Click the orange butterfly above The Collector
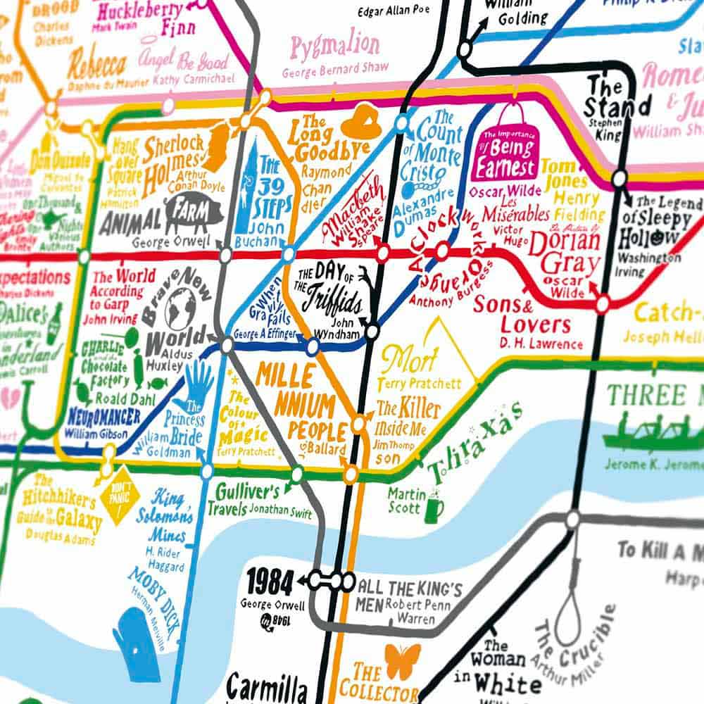click(403, 660)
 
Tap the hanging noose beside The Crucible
click(568, 605)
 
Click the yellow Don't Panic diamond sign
click(116, 501)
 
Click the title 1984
click(270, 582)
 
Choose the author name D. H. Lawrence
click(541, 344)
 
